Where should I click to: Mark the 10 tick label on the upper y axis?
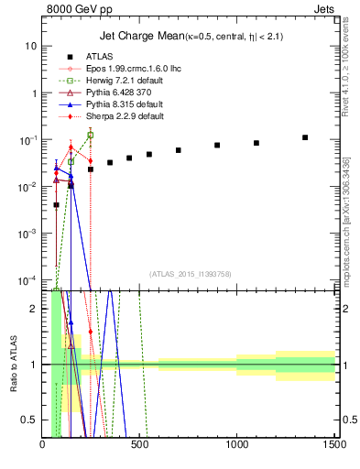(x=31, y=46)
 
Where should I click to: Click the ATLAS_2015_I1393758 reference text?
(x=189, y=274)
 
